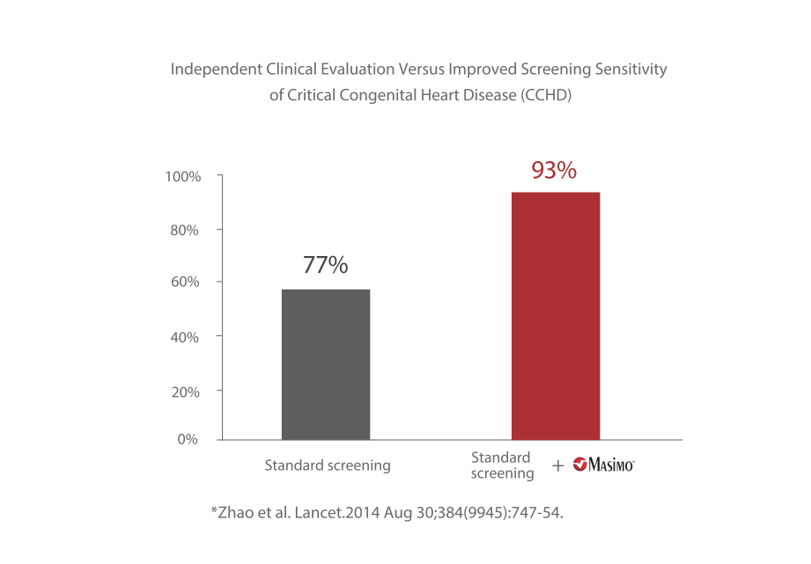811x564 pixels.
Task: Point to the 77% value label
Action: [x=326, y=265]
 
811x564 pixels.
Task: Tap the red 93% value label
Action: [x=554, y=171]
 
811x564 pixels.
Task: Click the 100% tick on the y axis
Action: [x=183, y=177]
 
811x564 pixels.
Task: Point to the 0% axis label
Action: [x=188, y=438]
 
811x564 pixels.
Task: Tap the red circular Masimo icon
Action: [x=580, y=465]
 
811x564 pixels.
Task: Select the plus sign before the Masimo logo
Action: [x=558, y=465]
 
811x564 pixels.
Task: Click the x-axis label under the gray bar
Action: [x=327, y=465]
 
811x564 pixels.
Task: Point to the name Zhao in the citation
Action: [x=234, y=512]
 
